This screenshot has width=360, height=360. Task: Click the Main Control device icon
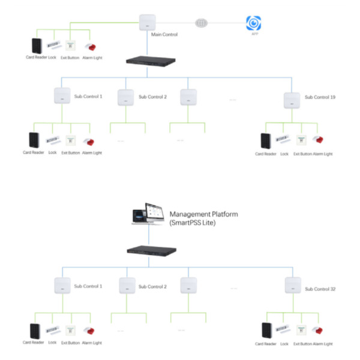click(146, 22)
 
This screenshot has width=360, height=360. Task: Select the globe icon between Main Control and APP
click(202, 23)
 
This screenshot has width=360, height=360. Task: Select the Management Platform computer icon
click(146, 217)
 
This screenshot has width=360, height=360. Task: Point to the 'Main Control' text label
click(164, 35)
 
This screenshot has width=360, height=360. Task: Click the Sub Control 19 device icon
click(292, 99)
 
